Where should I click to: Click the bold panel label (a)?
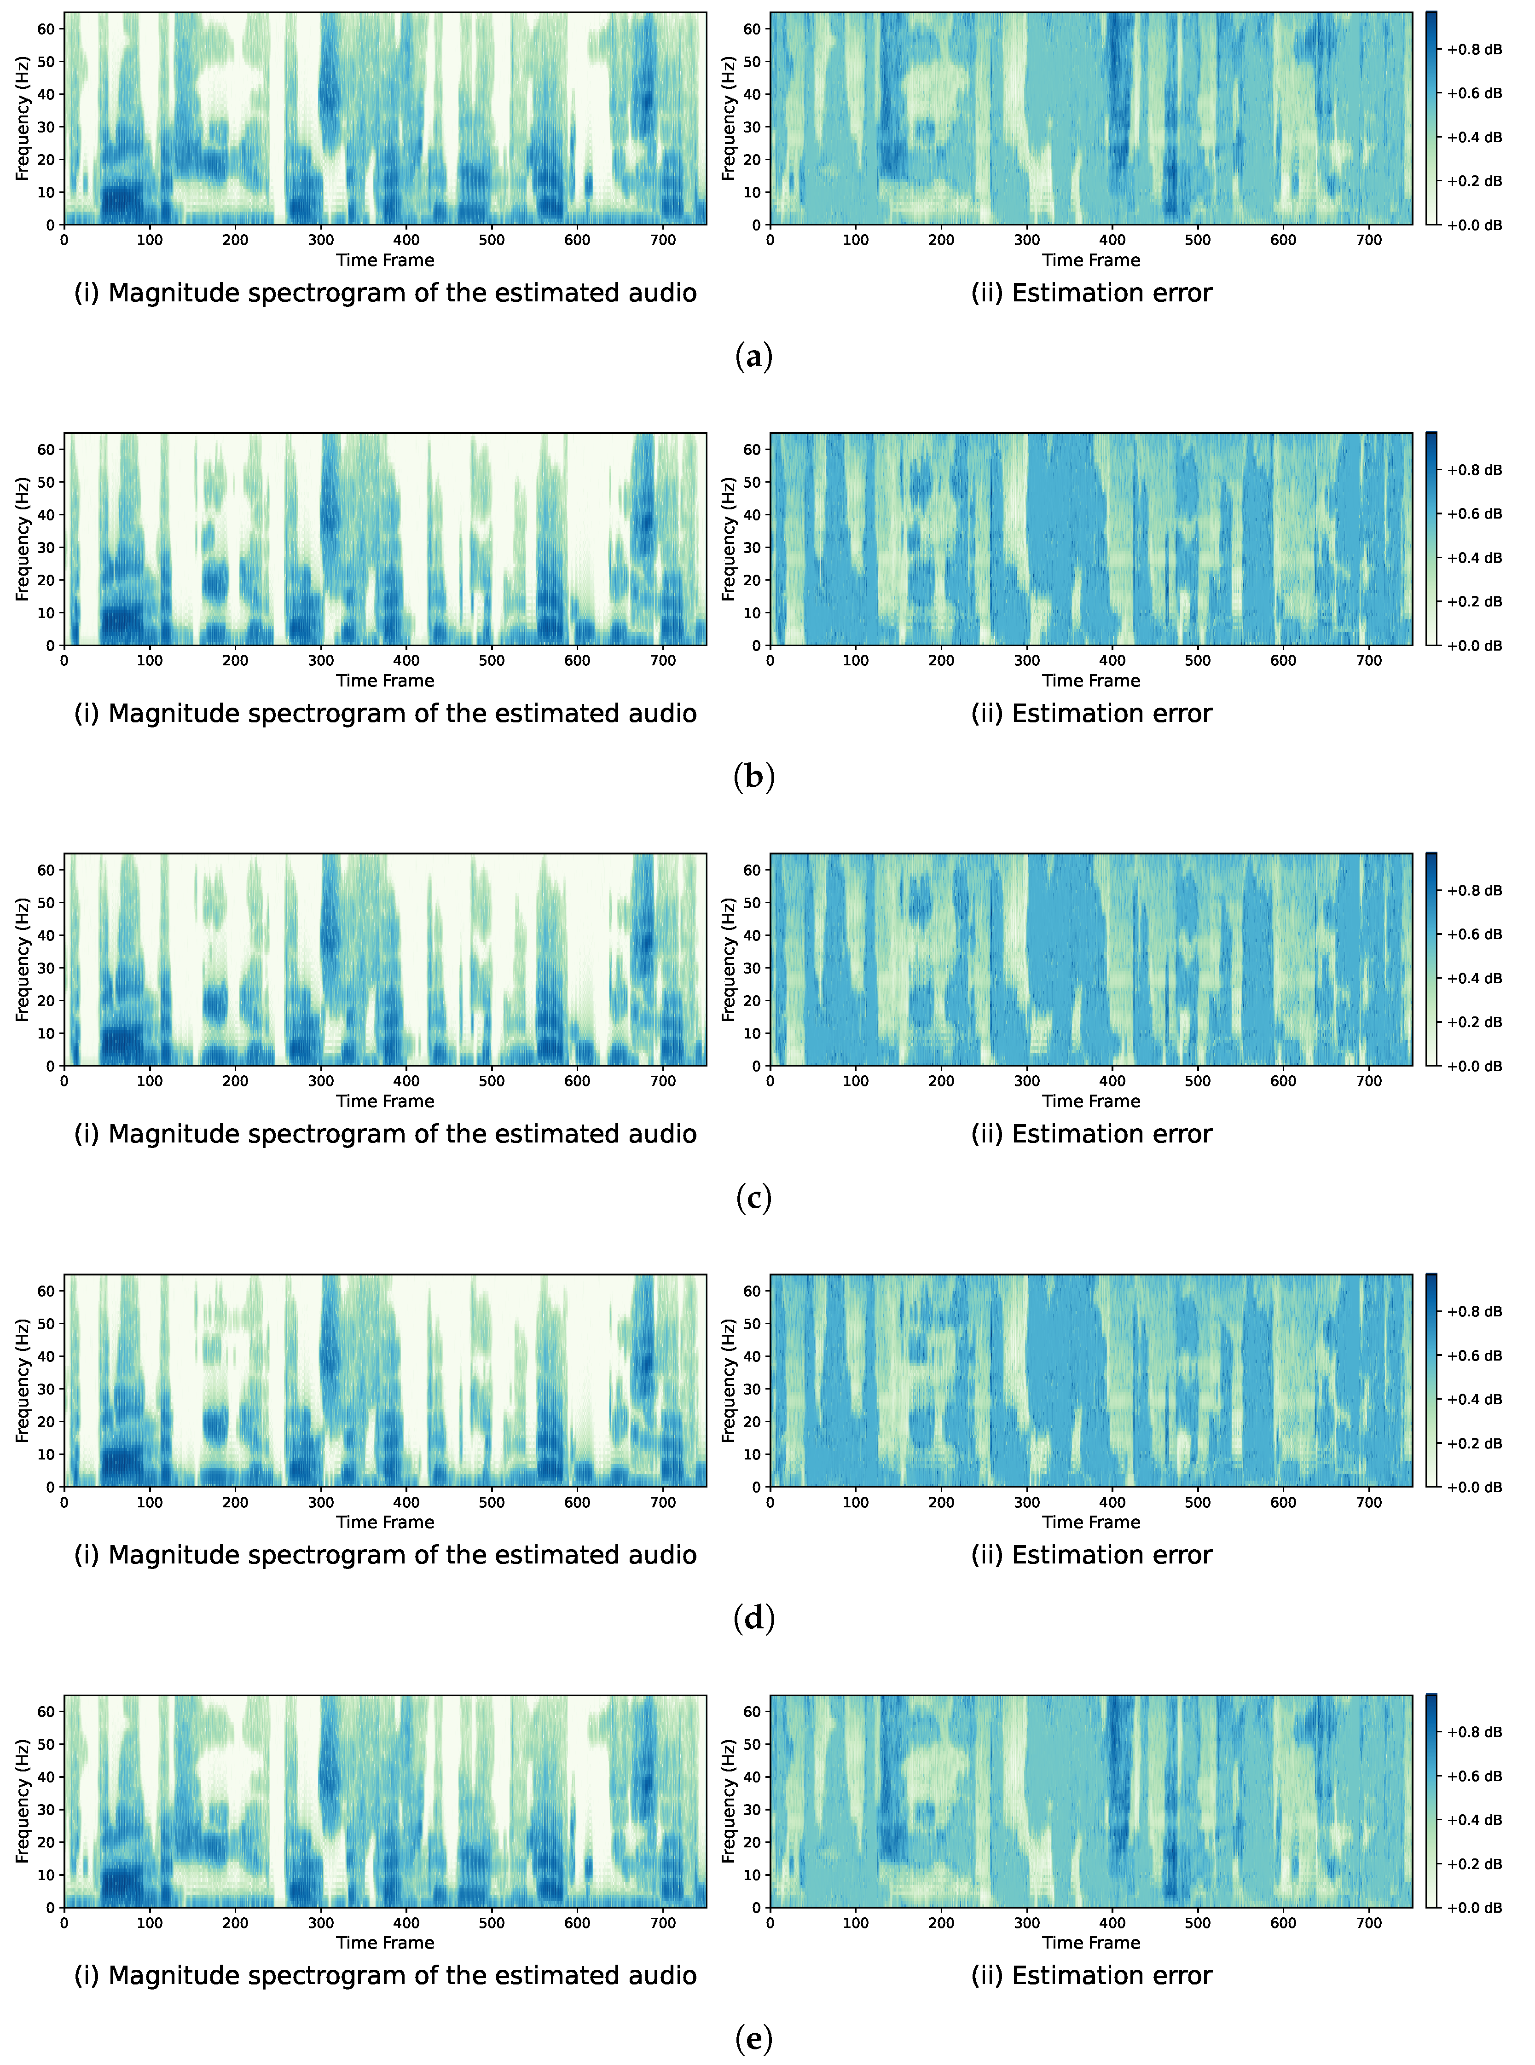[x=753, y=357]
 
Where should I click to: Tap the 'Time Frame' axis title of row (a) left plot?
[x=385, y=260]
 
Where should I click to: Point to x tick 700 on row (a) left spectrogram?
[x=662, y=240]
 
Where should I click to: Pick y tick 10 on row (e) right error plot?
[x=752, y=1875]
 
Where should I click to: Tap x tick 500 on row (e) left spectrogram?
[x=492, y=1923]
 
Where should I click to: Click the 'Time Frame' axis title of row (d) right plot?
[x=1091, y=1522]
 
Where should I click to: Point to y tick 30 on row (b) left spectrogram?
[x=46, y=547]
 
